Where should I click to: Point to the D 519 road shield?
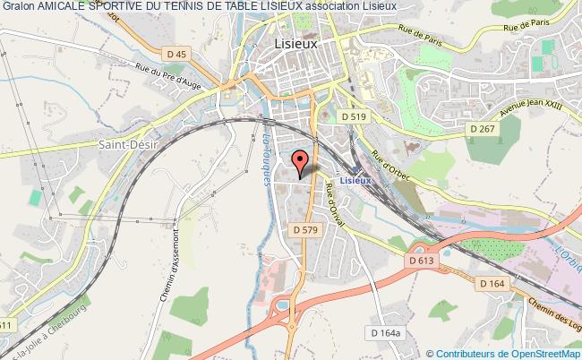(x=355, y=116)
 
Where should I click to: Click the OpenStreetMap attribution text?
(x=501, y=353)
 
